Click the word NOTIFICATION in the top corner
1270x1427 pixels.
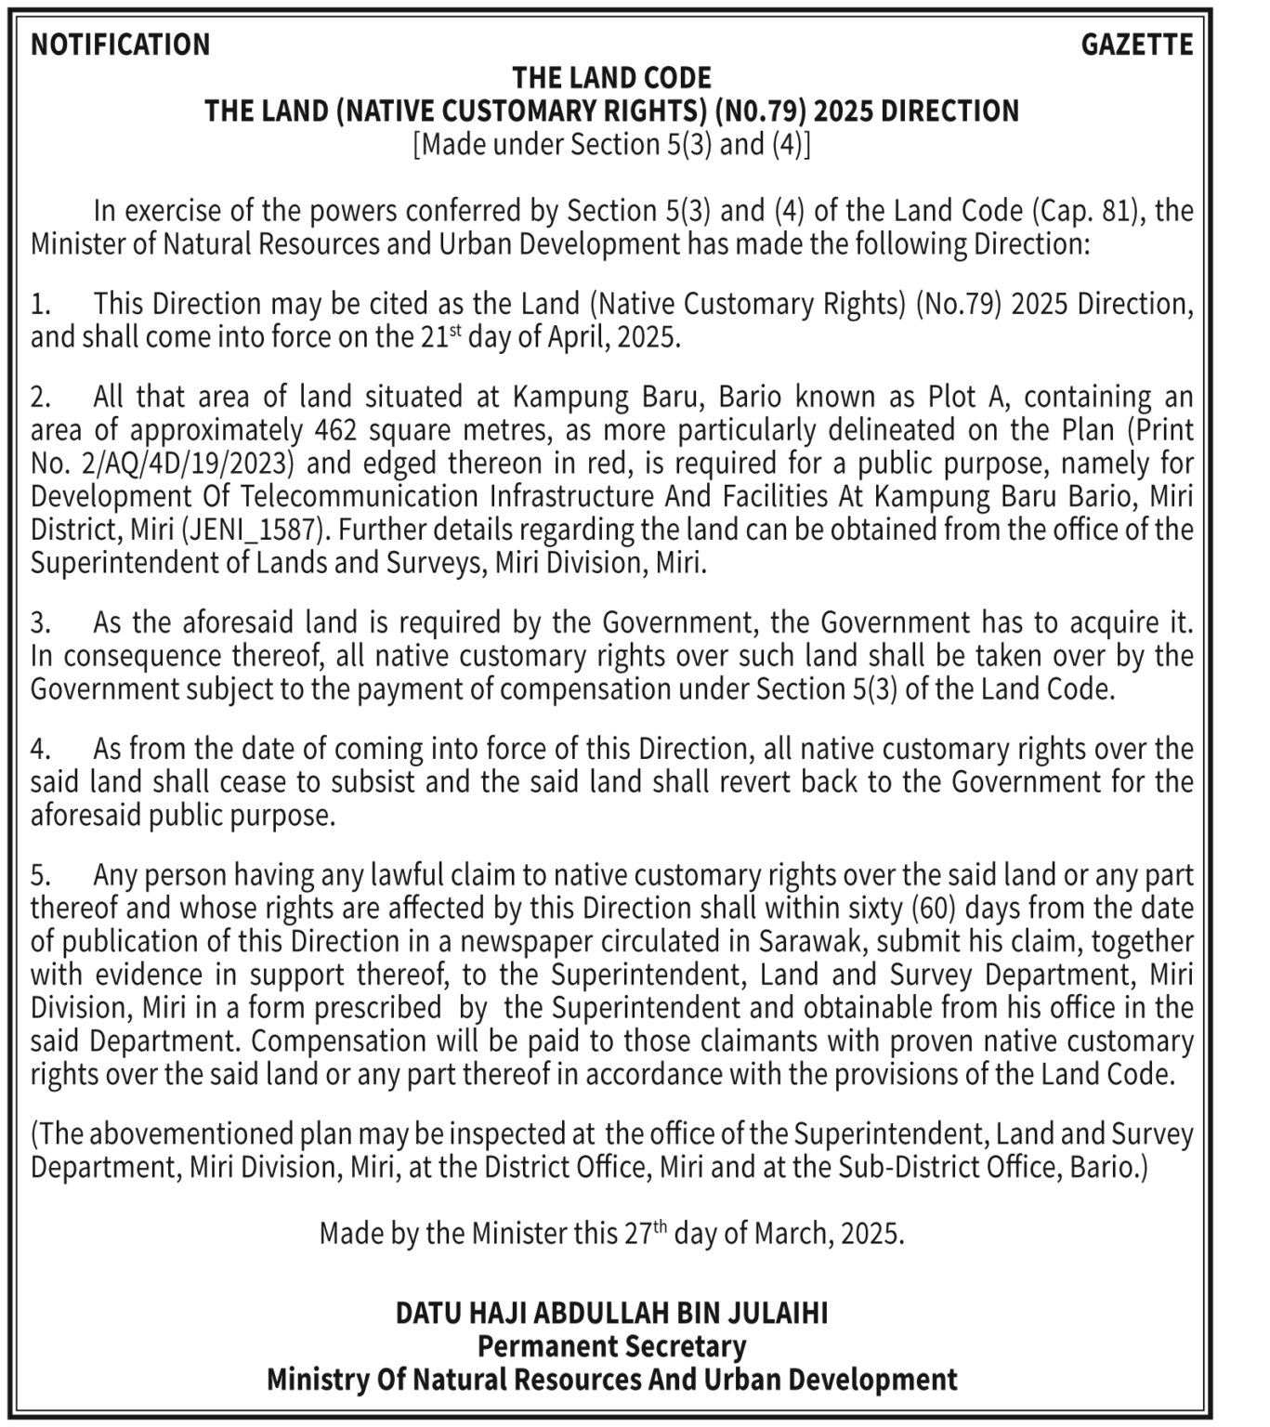(x=120, y=45)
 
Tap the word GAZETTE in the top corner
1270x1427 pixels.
(x=1136, y=45)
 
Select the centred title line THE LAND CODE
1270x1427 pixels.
(x=611, y=77)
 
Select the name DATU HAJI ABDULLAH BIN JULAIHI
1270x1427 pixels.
(x=611, y=1314)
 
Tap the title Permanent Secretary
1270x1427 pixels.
(x=611, y=1346)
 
